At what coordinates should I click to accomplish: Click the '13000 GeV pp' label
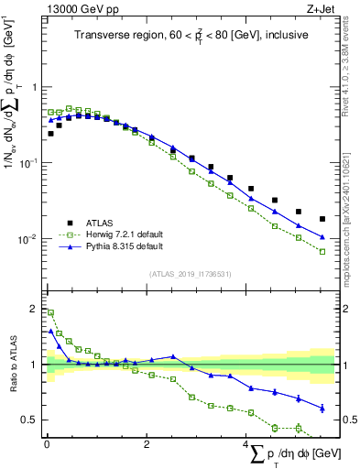74,9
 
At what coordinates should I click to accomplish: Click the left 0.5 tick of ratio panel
31,420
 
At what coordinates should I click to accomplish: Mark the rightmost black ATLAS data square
322,219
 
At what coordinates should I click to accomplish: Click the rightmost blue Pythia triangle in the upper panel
322,236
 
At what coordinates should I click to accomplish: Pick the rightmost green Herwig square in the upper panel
322,251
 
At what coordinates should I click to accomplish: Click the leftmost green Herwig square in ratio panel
50,312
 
